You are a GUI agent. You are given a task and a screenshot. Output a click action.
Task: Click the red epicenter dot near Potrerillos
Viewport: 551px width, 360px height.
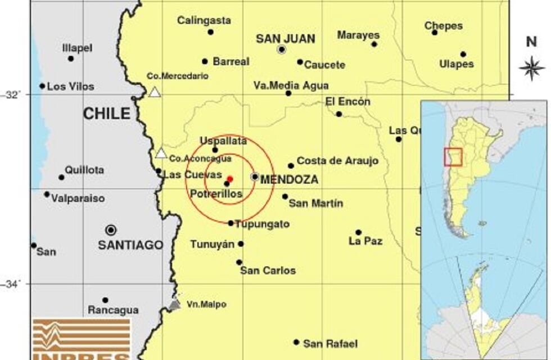pos(230,179)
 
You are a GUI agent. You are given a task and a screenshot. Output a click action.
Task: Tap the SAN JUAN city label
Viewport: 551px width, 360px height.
pos(285,39)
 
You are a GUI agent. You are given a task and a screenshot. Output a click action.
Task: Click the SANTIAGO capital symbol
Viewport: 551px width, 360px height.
pos(111,230)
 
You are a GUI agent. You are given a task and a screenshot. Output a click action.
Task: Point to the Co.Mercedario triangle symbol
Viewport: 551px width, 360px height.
pos(155,92)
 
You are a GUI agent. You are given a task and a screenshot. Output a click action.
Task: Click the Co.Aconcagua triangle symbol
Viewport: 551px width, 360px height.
pos(161,153)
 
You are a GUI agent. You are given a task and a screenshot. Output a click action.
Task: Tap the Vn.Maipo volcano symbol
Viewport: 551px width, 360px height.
pos(175,304)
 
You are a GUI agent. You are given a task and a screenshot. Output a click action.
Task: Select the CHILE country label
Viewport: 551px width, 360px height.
pos(107,114)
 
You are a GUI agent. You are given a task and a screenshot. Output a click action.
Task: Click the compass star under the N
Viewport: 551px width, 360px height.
pos(531,68)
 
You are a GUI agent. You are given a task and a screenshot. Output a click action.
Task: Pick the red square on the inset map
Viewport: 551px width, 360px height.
pos(453,157)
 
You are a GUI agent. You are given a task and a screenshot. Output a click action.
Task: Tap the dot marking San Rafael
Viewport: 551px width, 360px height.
pos(296,342)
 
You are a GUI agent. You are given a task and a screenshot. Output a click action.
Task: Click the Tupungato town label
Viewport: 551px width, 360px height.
pos(262,224)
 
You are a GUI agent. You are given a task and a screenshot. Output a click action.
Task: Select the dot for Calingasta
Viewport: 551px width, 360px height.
pos(210,32)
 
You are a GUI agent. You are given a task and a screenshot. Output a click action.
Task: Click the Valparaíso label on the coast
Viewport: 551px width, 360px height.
pos(78,199)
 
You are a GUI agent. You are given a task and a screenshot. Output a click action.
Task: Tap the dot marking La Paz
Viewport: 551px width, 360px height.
pos(358,232)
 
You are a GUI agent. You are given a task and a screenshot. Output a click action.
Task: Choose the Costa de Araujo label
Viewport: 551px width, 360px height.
pos(337,161)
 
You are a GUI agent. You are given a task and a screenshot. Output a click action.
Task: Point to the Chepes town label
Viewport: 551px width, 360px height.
pos(444,26)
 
